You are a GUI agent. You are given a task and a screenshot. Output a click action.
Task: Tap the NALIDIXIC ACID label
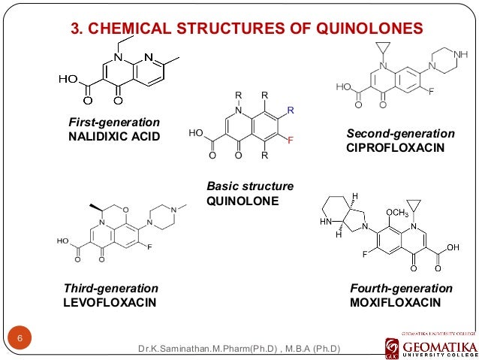pyautogui.click(x=115, y=135)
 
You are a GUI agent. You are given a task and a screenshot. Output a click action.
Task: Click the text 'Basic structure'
pyautogui.click(x=250, y=186)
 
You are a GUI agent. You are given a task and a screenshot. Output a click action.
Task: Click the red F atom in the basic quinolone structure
pyautogui.click(x=290, y=141)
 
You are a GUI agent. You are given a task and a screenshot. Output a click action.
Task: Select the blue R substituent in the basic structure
pyautogui.click(x=291, y=110)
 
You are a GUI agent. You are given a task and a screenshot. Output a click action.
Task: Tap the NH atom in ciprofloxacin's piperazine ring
pyautogui.click(x=460, y=54)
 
